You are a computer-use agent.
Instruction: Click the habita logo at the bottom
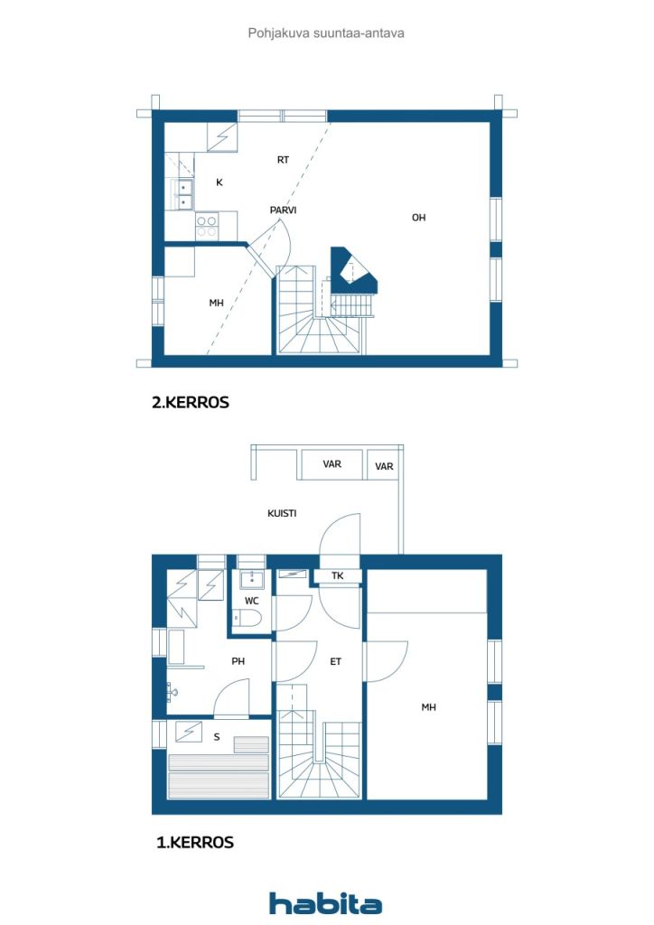(325, 902)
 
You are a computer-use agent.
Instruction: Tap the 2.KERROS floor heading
(191, 402)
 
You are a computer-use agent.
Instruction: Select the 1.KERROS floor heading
(194, 842)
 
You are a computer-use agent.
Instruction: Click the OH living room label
(418, 218)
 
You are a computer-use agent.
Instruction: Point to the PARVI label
(283, 210)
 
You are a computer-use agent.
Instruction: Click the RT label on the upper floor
(283, 160)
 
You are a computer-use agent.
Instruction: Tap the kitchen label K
(220, 182)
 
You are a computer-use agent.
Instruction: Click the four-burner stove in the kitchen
(207, 227)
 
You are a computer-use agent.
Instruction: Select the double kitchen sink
(182, 195)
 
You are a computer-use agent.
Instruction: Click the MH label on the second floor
(217, 304)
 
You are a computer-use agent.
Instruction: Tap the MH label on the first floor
(429, 707)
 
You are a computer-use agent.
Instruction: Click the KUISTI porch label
(282, 514)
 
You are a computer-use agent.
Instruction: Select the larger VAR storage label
(332, 464)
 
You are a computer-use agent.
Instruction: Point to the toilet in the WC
(248, 619)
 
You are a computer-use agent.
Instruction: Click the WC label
(252, 601)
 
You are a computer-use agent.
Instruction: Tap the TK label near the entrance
(337, 575)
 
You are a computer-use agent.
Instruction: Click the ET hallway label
(335, 662)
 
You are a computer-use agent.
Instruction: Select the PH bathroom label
(238, 661)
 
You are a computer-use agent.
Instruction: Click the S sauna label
(217, 737)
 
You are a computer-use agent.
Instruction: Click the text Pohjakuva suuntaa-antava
(326, 33)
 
